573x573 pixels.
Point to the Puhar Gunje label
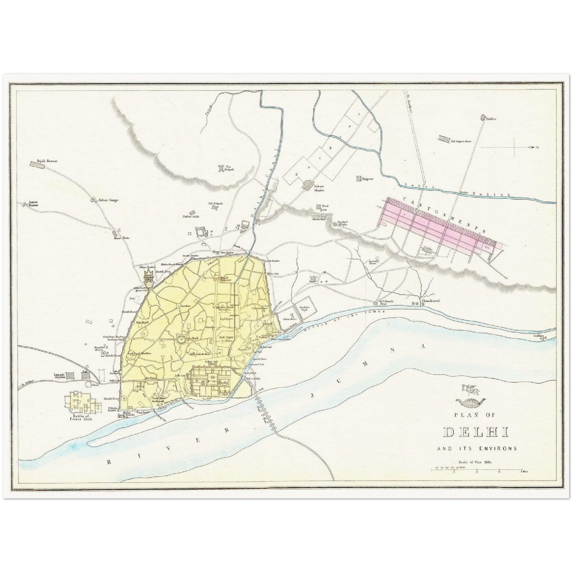click(x=110, y=200)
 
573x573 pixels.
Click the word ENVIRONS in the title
click(x=498, y=449)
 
